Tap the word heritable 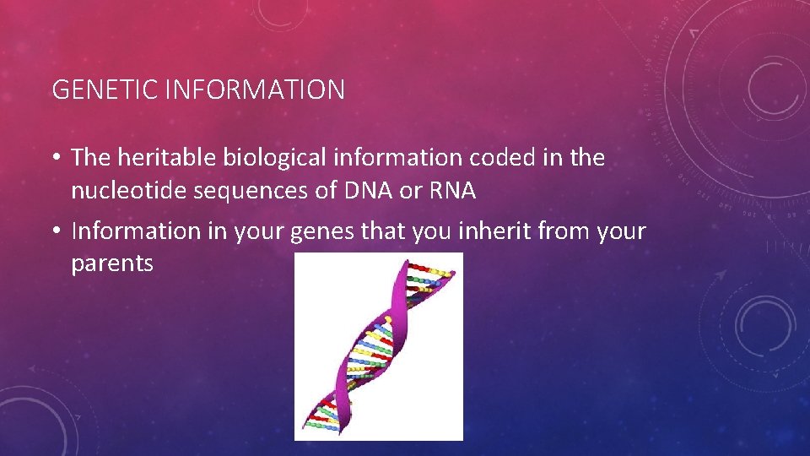coord(154,157)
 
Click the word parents coord(112,264)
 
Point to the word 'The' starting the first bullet coord(89,157)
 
